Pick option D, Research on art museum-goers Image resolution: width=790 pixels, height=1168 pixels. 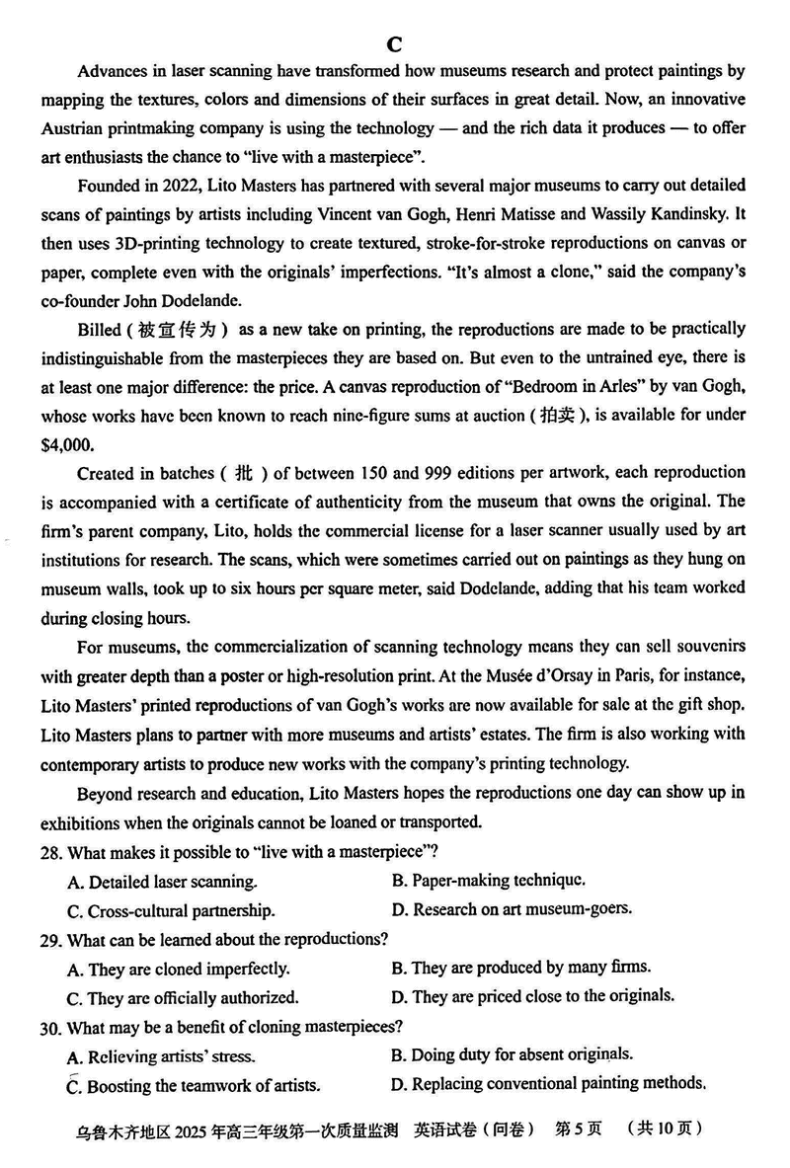(512, 908)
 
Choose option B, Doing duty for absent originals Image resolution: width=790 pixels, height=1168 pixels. (513, 1054)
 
